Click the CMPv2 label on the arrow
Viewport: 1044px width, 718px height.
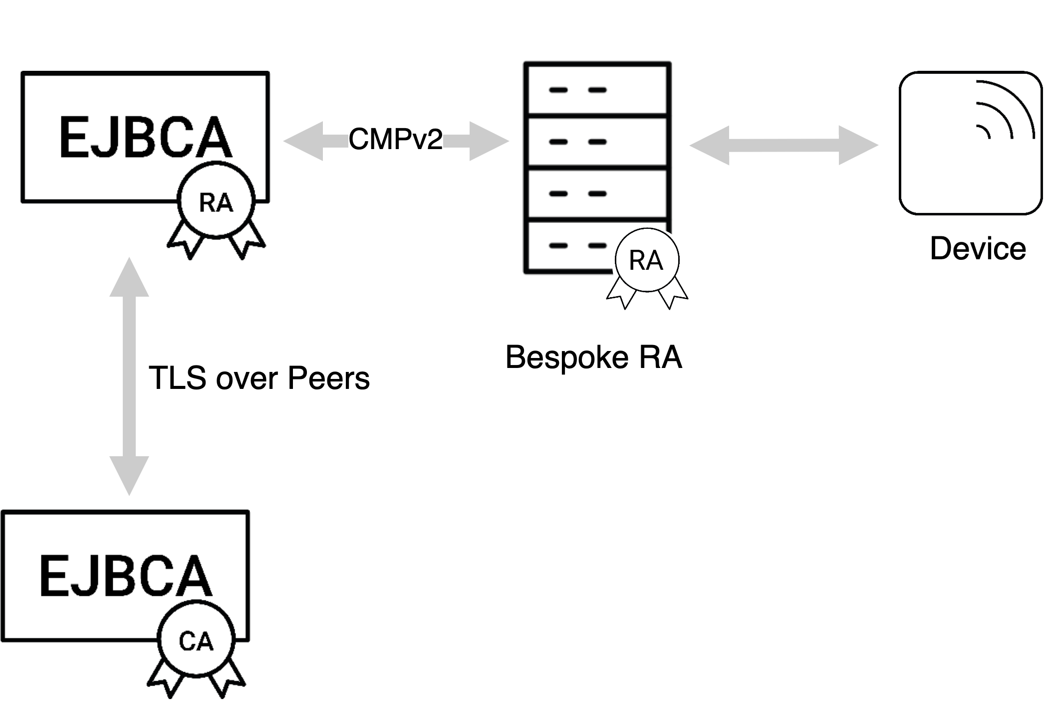point(395,139)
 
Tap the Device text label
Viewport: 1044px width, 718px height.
point(978,248)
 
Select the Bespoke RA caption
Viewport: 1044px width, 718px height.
point(593,357)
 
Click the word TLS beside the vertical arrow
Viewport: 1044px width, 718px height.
point(178,377)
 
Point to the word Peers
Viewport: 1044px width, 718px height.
point(328,377)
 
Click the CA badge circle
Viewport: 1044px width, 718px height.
point(196,640)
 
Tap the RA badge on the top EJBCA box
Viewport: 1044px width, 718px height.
point(216,201)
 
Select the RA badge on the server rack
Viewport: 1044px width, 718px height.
point(647,260)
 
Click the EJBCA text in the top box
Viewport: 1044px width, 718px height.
point(145,138)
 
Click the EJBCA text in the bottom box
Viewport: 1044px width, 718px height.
point(126,576)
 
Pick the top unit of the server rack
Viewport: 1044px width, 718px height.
point(597,90)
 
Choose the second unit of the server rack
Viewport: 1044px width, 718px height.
point(597,142)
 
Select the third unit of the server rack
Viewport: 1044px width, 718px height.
point(597,194)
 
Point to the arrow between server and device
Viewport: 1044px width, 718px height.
point(783,145)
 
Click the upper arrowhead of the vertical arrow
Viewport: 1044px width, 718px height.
point(129,279)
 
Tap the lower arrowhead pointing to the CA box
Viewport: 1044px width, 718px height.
point(129,474)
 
